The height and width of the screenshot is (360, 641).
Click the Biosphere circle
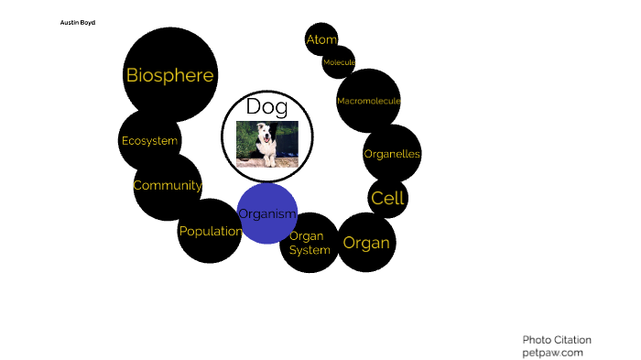[x=169, y=75]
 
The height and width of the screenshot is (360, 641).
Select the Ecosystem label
[x=149, y=141]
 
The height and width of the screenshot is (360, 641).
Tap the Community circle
[x=167, y=186]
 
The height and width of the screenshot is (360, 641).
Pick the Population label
[x=211, y=232]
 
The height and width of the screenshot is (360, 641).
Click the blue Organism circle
[x=267, y=214]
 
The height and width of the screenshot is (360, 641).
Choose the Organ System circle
[x=310, y=243]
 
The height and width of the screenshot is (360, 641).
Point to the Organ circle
[x=366, y=243]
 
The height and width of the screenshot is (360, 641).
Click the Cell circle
[x=387, y=198]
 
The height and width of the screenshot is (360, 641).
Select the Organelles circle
[x=392, y=154]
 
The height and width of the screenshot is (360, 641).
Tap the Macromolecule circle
[x=368, y=101]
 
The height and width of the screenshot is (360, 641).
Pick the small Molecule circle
[x=339, y=62]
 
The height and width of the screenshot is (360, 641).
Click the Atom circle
[x=321, y=39]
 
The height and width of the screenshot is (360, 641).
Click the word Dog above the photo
[x=266, y=106]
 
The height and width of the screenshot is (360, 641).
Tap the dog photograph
[x=267, y=144]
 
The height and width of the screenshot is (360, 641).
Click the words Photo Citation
[x=557, y=339]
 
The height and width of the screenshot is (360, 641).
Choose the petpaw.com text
[x=552, y=352]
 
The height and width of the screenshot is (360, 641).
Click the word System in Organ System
[x=310, y=250]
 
